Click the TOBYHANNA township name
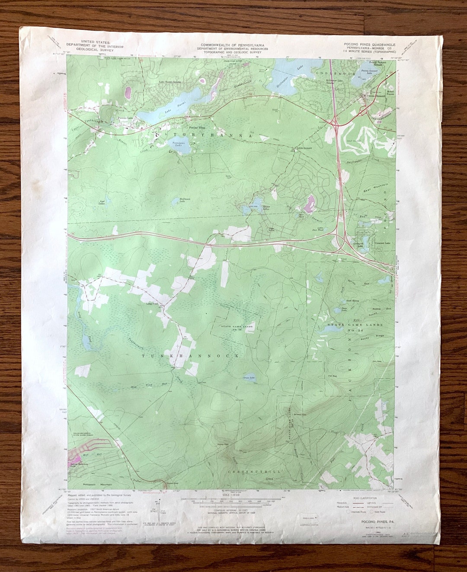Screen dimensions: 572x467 [x=208, y=136]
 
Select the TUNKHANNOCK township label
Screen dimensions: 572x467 [x=190, y=355]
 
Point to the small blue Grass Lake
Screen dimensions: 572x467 [x=249, y=377]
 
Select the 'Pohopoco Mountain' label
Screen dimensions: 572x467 [x=99, y=485]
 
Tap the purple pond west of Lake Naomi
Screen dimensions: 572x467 [x=128, y=92]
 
